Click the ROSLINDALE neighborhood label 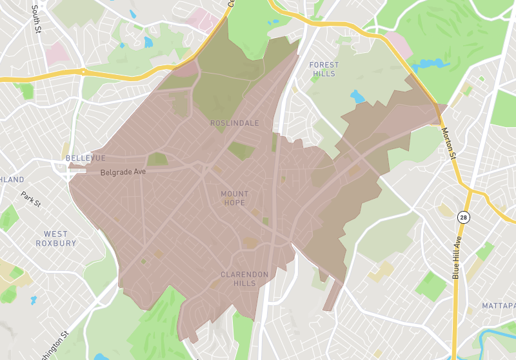234,123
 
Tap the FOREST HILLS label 322,69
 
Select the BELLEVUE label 84,158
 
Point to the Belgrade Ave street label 123,173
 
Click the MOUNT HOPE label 234,198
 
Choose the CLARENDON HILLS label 244,279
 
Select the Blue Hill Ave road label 457,257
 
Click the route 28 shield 463,217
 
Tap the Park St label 30,199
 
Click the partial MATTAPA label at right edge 498,305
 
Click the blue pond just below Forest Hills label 357,97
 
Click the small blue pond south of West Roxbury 33,300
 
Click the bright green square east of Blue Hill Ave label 484,251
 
